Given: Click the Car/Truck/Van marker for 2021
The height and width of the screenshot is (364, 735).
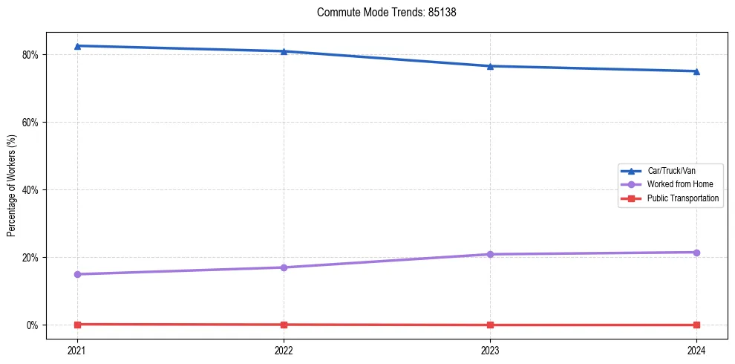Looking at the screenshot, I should click(77, 46).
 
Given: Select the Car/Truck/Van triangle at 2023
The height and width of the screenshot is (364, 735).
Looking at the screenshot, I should click(490, 66).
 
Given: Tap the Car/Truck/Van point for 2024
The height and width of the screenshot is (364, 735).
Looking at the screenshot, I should click(696, 71).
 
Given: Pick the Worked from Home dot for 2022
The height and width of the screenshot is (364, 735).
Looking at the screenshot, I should click(284, 267).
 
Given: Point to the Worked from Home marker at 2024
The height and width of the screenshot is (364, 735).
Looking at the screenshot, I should click(696, 253).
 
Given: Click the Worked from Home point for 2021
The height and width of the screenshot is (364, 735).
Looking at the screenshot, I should click(77, 274).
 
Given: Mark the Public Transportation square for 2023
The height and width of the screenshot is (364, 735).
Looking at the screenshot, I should click(490, 325).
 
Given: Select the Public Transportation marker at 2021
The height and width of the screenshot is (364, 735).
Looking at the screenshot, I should click(77, 324).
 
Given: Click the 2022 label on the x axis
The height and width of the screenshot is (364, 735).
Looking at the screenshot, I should click(284, 349).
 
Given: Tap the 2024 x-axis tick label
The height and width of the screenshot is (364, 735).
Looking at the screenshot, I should click(696, 349).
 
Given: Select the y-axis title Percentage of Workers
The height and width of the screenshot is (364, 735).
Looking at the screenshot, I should click(12, 186).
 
